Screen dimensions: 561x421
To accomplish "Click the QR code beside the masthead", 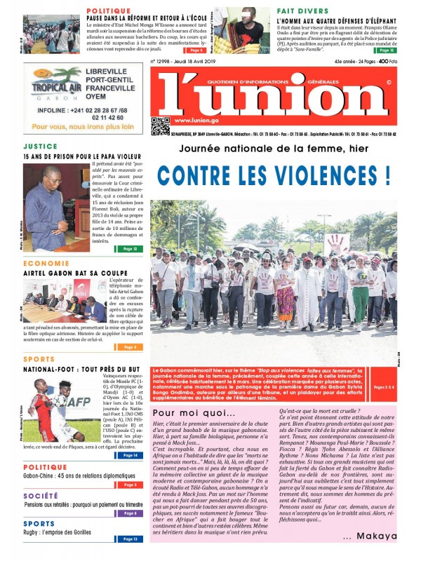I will [160, 125].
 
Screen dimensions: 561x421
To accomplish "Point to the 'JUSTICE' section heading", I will [40, 147].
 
